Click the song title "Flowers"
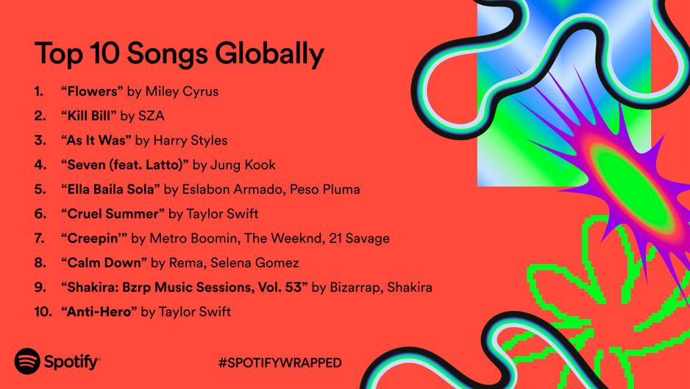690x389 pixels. [x=92, y=91]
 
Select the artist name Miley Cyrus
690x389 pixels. [x=182, y=91]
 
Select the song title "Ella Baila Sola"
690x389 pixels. [x=110, y=189]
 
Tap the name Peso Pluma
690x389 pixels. [x=324, y=189]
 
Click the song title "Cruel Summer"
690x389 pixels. [x=113, y=214]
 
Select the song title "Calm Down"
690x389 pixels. [x=104, y=262]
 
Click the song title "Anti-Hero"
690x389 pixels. [x=99, y=312]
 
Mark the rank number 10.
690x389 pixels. [x=43, y=312]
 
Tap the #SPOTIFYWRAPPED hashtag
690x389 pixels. [x=280, y=362]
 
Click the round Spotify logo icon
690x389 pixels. [x=27, y=361]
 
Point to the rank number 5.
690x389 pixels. [x=40, y=189]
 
